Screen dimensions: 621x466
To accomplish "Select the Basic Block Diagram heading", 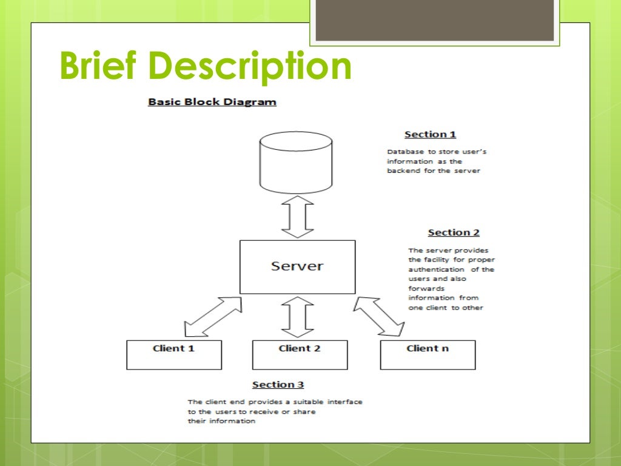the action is click(212, 102).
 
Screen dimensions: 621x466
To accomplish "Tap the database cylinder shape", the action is click(296, 163).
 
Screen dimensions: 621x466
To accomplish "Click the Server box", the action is click(297, 266).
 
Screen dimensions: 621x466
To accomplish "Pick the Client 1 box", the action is click(174, 354).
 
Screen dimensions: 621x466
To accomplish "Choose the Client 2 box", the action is click(300, 354).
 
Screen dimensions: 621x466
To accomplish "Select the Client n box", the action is click(428, 354).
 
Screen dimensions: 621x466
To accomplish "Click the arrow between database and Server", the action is click(298, 217).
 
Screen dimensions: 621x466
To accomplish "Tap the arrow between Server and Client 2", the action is click(298, 316).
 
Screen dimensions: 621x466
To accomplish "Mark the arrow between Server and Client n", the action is click(379, 316).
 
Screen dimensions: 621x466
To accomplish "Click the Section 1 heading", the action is click(430, 135).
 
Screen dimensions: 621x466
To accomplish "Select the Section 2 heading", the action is click(454, 232).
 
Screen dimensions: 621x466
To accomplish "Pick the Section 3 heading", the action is click(278, 385).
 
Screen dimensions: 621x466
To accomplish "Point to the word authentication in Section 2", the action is click(437, 269).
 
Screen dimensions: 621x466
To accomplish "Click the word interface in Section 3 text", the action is click(344, 402).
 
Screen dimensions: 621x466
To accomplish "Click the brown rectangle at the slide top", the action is click(434, 19).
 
